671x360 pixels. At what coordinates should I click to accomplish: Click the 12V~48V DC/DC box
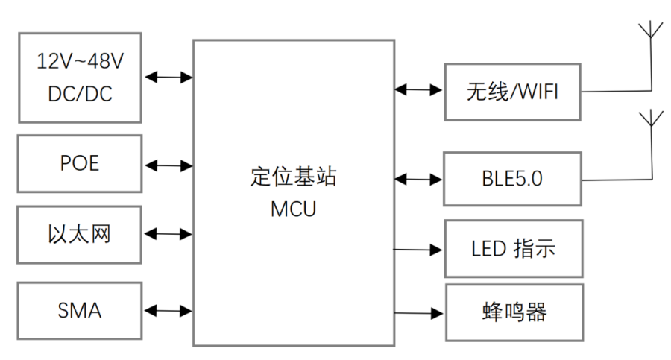pyautogui.click(x=80, y=77)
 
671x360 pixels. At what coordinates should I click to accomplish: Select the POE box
pyautogui.click(x=80, y=163)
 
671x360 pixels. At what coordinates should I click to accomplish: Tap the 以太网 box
pyautogui.click(x=80, y=235)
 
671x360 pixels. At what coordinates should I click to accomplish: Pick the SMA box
pyautogui.click(x=80, y=310)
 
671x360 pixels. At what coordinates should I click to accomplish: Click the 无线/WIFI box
pyautogui.click(x=512, y=92)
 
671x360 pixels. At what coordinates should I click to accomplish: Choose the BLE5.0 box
pyautogui.click(x=512, y=179)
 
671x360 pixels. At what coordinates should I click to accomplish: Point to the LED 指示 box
pyautogui.click(x=514, y=249)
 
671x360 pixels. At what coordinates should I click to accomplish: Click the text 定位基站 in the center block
pyautogui.click(x=293, y=177)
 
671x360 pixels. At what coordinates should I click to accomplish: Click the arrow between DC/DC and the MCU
pyautogui.click(x=169, y=76)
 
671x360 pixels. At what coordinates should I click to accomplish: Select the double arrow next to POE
pyautogui.click(x=169, y=164)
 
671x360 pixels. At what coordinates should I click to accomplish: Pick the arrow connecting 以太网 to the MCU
pyautogui.click(x=169, y=235)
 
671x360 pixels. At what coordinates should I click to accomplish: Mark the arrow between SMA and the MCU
pyautogui.click(x=169, y=311)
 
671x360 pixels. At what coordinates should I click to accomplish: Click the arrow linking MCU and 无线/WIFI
pyautogui.click(x=419, y=90)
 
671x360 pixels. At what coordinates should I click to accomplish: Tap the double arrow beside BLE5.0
pyautogui.click(x=419, y=179)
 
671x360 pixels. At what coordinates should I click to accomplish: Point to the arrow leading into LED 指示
pyautogui.click(x=419, y=250)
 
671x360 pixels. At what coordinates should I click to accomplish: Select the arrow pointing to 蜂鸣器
pyautogui.click(x=419, y=313)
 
